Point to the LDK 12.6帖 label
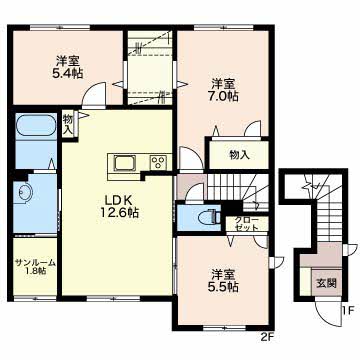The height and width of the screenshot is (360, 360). (x=118, y=206)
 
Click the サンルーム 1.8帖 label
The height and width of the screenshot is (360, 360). (x=35, y=266)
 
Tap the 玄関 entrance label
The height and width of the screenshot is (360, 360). (x=326, y=283)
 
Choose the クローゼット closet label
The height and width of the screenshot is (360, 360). (x=246, y=224)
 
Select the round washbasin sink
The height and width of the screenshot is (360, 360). (x=25, y=193)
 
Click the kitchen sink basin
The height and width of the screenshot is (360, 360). (x=125, y=164)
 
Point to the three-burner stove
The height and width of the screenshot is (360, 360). (x=158, y=163)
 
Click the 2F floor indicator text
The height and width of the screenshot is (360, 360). (x=268, y=337)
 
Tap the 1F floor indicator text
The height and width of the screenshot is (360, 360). (x=348, y=311)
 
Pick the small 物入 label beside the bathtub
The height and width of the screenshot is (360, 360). (x=68, y=125)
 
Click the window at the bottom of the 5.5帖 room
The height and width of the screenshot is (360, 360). (x=225, y=327)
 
